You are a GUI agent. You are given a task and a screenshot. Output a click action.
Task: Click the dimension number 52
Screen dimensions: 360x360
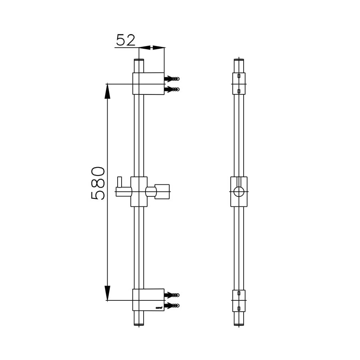click(126, 40)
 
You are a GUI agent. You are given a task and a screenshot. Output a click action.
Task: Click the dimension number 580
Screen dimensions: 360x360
click(98, 183)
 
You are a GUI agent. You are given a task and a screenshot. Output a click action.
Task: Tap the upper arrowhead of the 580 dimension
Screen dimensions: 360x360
click(107, 91)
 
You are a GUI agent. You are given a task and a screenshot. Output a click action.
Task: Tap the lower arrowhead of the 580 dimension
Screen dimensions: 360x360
click(107, 293)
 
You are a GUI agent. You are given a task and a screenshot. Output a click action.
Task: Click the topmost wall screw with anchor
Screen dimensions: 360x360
click(173, 79)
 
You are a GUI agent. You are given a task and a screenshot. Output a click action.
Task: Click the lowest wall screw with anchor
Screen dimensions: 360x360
click(173, 306)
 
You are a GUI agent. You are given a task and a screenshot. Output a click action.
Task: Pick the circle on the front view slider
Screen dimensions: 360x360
click(239, 192)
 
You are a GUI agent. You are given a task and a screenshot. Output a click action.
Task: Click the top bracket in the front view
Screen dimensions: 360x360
click(239, 84)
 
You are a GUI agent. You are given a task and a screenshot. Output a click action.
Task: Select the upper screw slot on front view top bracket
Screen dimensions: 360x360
click(239, 76)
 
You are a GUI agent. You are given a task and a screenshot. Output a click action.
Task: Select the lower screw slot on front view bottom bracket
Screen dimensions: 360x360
click(239, 309)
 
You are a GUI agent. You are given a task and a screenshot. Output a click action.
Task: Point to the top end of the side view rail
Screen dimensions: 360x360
click(138, 61)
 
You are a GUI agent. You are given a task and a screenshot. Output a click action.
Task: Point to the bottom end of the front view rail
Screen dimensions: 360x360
click(239, 323)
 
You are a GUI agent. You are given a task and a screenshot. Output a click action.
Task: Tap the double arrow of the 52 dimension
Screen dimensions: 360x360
click(152, 48)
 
